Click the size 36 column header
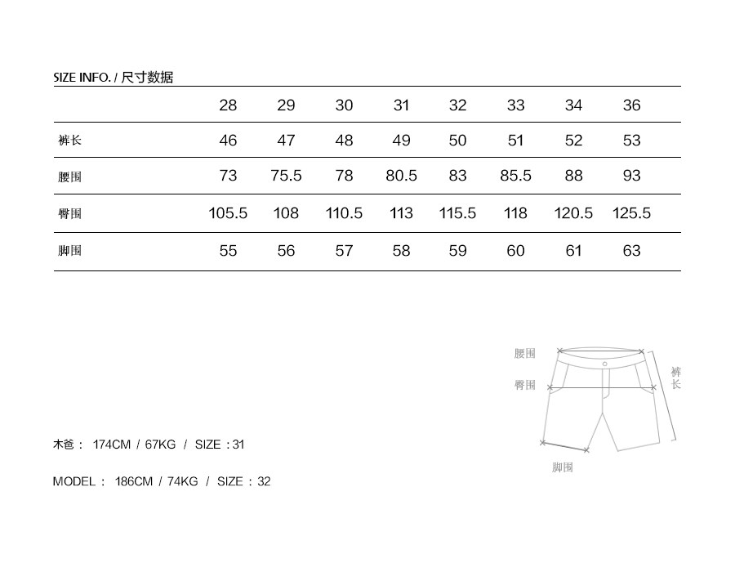tap(631, 105)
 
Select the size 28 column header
tap(228, 105)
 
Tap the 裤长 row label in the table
tap(70, 140)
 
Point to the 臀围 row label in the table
tap(70, 213)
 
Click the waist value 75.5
tap(286, 176)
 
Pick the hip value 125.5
tap(631, 213)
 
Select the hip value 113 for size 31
tap(401, 213)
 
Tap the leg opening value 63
tap(631, 250)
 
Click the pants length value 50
tap(457, 141)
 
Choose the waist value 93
tap(631, 176)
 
